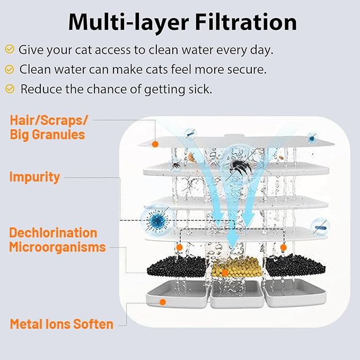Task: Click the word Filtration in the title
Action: tap(246, 22)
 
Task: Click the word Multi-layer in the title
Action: tap(128, 23)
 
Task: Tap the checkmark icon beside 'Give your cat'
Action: tap(10, 49)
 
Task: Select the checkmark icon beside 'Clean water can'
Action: tap(10, 69)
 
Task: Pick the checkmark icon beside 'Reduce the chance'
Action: tap(10, 89)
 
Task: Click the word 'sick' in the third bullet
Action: tap(200, 89)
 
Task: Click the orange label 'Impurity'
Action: tap(34, 177)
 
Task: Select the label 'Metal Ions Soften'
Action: tap(62, 324)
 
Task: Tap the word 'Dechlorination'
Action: tap(53, 233)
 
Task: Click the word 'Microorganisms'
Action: tap(57, 247)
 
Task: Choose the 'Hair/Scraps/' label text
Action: tap(49, 120)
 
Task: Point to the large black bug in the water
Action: tap(238, 167)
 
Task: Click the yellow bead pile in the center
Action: tap(236, 267)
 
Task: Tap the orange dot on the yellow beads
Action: tap(225, 273)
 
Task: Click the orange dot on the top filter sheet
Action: tap(155, 144)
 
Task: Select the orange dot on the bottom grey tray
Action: tap(163, 302)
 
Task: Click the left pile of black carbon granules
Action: tap(177, 266)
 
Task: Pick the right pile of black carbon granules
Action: tap(295, 266)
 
